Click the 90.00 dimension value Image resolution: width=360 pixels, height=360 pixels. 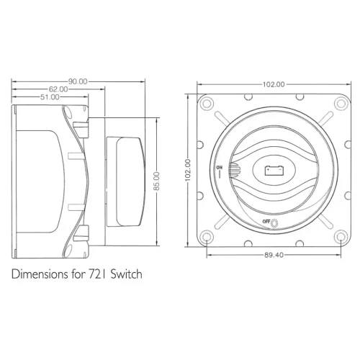click(78, 81)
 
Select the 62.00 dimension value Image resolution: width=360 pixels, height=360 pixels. click(58, 89)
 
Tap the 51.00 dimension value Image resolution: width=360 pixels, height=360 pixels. click(50, 97)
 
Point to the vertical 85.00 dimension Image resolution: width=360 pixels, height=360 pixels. click(156, 181)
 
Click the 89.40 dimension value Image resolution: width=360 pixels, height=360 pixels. click(274, 255)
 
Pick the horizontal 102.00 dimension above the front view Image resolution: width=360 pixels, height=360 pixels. click(274, 84)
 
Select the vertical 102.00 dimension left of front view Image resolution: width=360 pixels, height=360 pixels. click(188, 170)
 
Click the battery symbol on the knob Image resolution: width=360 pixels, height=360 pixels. click(274, 171)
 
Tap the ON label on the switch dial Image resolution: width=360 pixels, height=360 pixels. click(220, 167)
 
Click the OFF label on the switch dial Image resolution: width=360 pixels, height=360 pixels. click(266, 221)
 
